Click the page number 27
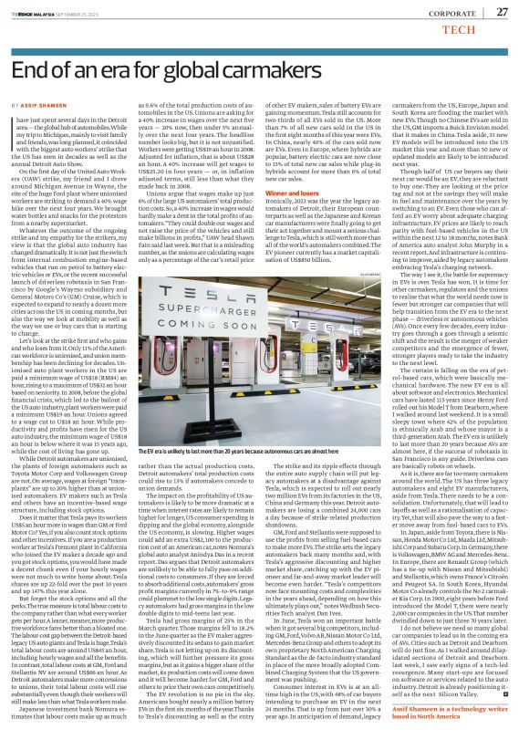(x=501, y=11)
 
